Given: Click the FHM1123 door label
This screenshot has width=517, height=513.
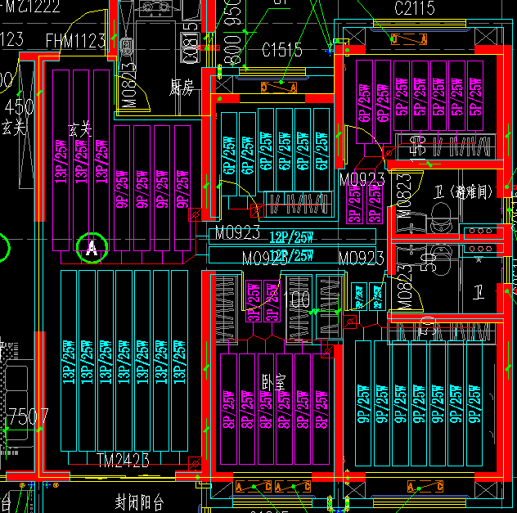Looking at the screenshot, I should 75,40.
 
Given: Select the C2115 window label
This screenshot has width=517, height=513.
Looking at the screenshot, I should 415,8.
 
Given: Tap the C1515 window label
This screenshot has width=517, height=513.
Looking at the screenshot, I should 282,50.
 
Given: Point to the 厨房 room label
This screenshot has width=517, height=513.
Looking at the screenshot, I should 181,86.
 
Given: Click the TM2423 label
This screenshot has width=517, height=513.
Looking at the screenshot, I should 123,460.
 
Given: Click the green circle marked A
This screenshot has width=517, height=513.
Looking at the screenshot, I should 92,246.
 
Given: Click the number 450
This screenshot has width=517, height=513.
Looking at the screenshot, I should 19,107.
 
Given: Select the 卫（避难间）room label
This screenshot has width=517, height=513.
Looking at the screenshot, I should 462,192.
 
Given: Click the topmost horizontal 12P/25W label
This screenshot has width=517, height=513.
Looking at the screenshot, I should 292,237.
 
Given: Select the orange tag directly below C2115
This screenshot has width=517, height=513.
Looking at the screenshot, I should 406,38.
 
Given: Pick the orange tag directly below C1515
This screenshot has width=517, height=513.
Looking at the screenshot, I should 278,85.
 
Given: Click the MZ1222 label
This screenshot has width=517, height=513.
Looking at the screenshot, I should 30,7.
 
